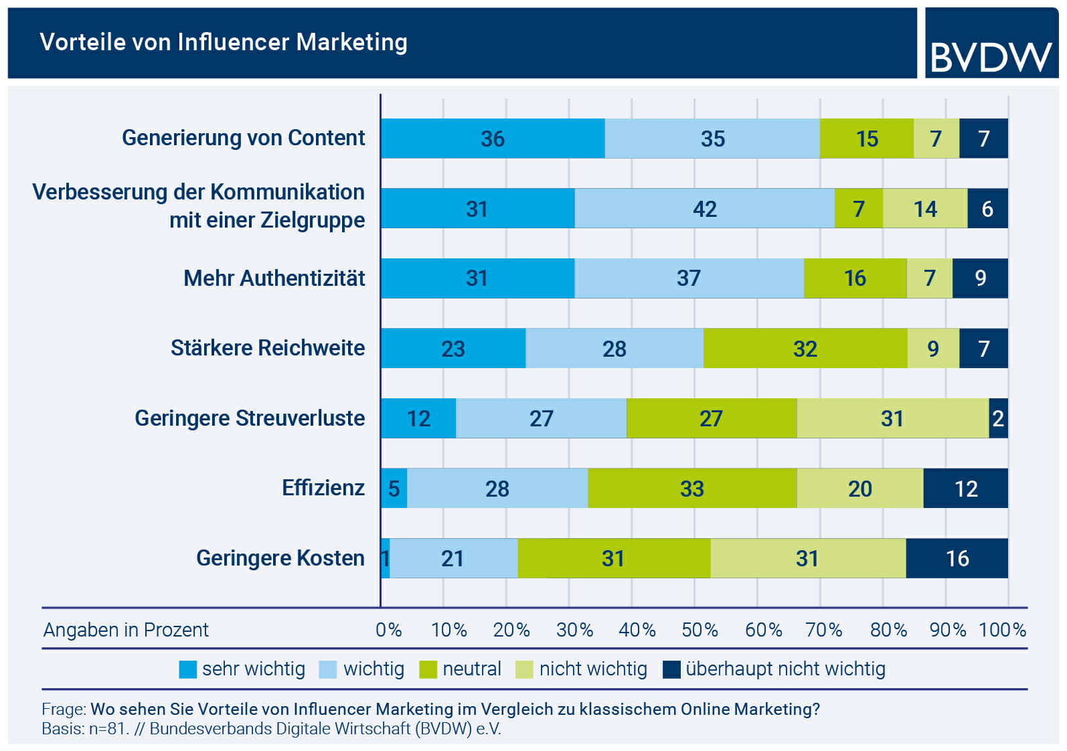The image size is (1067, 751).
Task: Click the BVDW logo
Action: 991,56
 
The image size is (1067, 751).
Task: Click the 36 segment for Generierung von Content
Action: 493,139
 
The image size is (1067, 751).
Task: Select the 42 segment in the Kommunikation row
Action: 704,209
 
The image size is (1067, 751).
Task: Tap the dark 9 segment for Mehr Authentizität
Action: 980,278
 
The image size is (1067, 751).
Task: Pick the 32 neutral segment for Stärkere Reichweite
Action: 805,349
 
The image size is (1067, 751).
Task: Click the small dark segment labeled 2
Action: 998,418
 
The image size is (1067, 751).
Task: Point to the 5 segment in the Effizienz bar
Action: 394,489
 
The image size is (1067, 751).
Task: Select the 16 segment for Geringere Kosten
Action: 957,558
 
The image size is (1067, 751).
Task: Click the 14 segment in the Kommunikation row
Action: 925,209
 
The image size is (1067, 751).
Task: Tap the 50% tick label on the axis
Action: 700,630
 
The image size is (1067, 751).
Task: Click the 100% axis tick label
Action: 1002,630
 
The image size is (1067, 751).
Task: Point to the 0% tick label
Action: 388,630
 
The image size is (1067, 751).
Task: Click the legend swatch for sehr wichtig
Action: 188,669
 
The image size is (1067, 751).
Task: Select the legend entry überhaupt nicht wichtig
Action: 785,669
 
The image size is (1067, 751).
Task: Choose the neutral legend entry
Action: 471,669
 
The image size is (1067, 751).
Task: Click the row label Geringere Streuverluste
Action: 250,418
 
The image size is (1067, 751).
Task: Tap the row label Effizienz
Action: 323,488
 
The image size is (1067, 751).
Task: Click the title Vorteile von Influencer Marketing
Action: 224,42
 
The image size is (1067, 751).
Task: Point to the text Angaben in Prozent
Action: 126,630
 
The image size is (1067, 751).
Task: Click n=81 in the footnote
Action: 108,729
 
